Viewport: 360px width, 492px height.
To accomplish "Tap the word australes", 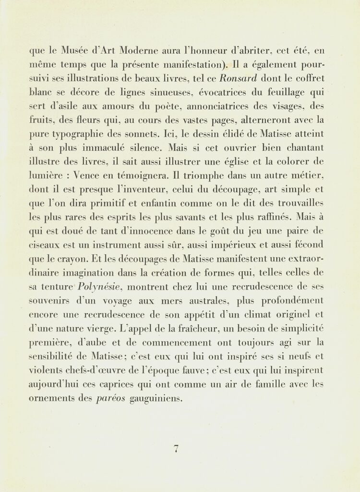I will click(x=210, y=301).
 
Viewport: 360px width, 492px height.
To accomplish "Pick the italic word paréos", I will click(x=112, y=398).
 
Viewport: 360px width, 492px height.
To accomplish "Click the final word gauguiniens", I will click(x=156, y=398).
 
